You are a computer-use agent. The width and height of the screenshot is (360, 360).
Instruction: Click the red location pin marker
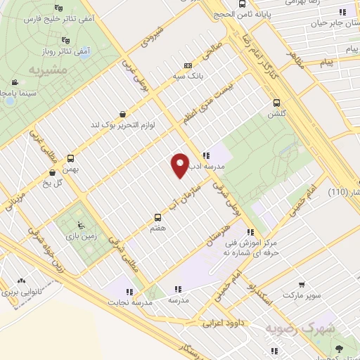point(180,165)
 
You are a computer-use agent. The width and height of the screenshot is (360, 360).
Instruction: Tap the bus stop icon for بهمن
point(70,159)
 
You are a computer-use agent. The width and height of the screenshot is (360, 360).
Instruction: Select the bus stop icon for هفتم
point(157,217)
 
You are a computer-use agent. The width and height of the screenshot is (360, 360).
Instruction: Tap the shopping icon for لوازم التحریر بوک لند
point(124,115)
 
